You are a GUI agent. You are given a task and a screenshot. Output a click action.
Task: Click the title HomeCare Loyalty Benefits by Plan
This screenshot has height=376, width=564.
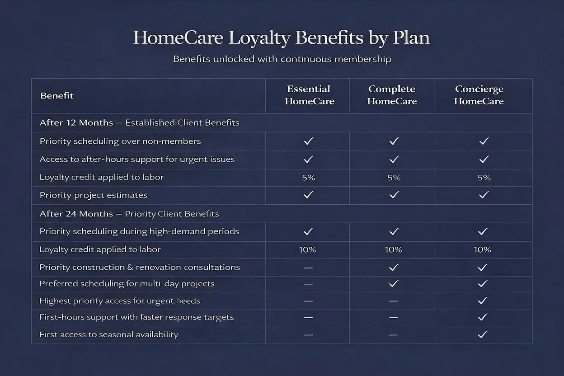tap(281, 38)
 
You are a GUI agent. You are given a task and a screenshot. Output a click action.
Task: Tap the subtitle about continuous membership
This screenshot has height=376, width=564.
tap(282, 59)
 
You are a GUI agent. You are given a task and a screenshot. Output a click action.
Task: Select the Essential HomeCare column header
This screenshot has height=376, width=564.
tap(309, 95)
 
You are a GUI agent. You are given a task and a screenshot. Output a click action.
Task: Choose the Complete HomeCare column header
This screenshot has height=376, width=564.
tap(392, 95)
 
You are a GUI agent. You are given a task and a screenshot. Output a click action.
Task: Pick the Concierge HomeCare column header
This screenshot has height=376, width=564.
tap(479, 95)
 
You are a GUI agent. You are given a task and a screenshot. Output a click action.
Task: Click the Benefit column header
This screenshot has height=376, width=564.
tap(56, 96)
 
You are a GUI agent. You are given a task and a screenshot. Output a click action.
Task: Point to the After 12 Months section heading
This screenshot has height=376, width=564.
tap(139, 122)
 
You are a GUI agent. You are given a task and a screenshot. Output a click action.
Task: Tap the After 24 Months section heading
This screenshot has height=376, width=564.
tap(129, 214)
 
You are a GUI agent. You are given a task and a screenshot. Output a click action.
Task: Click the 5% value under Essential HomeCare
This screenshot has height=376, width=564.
tap(308, 178)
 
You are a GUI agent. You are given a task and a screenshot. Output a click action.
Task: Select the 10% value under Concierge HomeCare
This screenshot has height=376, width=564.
tap(482, 249)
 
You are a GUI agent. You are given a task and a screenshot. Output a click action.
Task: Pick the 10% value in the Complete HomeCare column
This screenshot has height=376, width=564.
tap(393, 249)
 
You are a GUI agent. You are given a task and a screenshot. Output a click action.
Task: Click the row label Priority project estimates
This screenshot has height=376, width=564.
tap(93, 195)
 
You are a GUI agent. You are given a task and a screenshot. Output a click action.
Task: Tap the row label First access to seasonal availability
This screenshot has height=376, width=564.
tap(108, 335)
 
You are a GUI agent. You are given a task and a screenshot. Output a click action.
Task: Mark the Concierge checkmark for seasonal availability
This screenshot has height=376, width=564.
tap(483, 335)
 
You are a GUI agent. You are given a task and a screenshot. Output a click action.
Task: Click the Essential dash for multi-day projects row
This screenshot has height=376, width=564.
tap(308, 284)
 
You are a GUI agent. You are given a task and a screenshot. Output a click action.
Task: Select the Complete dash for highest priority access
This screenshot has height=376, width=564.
tap(393, 301)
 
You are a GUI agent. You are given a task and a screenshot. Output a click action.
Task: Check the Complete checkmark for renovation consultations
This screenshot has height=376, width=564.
tap(394, 268)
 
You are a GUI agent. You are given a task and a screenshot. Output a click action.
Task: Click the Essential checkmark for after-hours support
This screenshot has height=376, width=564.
tap(308, 160)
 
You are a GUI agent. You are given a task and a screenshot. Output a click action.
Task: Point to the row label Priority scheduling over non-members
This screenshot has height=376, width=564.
tap(120, 141)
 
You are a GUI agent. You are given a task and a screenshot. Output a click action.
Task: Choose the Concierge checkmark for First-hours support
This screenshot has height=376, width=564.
tap(483, 318)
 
